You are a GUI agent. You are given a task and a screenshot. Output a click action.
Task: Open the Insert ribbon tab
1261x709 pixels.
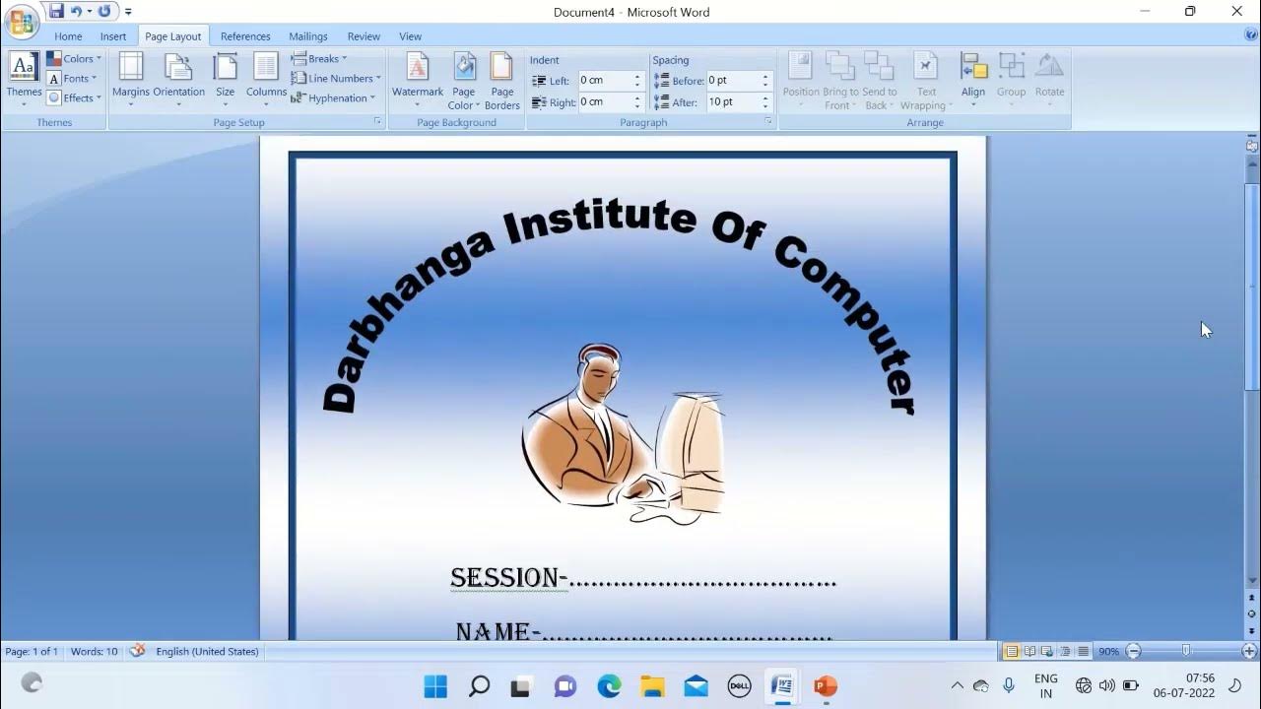tap(113, 36)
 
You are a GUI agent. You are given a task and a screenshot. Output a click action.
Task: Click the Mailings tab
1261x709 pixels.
tap(308, 36)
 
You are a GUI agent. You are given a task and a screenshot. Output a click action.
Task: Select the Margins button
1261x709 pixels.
tap(131, 79)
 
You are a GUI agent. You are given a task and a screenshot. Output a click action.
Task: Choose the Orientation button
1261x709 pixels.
tap(178, 79)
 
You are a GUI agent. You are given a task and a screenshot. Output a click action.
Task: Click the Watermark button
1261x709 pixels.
tap(418, 79)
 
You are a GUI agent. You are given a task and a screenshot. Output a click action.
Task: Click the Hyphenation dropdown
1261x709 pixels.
tap(333, 98)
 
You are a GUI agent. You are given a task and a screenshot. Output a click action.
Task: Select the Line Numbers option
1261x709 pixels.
tap(335, 79)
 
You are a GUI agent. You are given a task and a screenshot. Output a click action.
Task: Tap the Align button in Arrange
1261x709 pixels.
tap(973, 79)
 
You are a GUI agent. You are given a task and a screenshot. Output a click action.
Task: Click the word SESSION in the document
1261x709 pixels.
tap(503, 578)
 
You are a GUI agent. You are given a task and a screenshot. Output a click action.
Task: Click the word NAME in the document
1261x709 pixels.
tap(493, 631)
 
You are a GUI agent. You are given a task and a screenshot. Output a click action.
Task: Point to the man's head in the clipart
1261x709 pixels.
tap(599, 366)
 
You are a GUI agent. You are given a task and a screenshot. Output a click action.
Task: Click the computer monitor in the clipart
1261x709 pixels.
tap(696, 448)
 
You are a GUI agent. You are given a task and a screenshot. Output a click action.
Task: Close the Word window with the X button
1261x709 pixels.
tap(1237, 12)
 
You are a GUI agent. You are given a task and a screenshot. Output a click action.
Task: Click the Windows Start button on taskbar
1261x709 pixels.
tap(435, 685)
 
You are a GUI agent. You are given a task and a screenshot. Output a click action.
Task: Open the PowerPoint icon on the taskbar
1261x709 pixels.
tap(826, 685)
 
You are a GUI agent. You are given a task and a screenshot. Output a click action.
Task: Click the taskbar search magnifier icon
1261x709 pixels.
tap(479, 685)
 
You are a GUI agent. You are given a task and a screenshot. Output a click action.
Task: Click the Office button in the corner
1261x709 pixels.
tap(22, 21)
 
